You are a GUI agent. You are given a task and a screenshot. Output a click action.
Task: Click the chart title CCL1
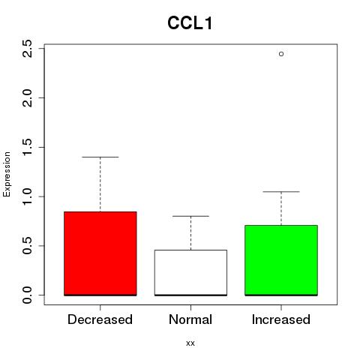coord(190,23)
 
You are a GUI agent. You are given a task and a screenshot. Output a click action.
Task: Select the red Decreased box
coord(100,253)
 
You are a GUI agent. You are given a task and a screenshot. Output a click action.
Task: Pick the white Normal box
coord(190,273)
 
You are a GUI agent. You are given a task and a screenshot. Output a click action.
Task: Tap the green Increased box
coord(281,260)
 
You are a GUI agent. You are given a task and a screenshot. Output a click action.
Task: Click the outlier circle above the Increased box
coord(281,54)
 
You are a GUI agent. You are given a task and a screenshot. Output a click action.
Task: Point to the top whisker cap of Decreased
coord(100,157)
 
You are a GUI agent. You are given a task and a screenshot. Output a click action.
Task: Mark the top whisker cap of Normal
coord(190,216)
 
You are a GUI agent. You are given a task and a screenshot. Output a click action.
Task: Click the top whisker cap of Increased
coord(281,191)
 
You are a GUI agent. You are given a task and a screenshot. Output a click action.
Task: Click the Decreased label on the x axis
coord(100,319)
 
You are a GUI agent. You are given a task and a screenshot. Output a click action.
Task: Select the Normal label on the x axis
coord(190,319)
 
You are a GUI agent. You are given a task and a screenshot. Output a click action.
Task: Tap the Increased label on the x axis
coord(281,319)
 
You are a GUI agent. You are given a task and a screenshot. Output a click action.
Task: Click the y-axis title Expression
coord(7,174)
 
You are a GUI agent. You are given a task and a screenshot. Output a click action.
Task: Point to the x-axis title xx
coord(190,343)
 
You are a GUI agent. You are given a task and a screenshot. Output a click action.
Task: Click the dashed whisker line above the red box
coord(100,184)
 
